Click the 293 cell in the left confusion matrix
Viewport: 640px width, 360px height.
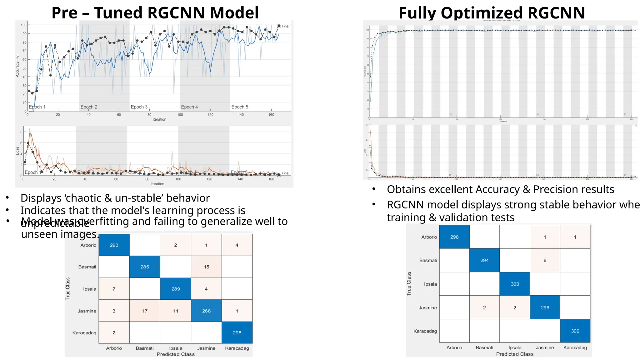[114, 245]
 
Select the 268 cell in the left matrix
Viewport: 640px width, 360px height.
[206, 311]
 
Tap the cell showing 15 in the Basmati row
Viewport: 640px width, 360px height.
[206, 267]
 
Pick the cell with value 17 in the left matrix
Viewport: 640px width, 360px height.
[145, 311]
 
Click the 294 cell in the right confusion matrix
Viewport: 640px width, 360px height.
[484, 260]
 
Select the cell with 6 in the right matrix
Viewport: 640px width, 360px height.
[545, 260]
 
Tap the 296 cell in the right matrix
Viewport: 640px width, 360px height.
[545, 307]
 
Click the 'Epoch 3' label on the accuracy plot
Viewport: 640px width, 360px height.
[139, 107]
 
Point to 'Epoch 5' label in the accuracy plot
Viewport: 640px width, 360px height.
[240, 107]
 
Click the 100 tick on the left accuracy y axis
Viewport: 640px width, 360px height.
[24, 25]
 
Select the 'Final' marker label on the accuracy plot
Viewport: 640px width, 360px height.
[285, 26]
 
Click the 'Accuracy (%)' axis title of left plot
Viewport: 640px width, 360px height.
[17, 66]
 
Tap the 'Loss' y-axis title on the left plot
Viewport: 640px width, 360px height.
[17, 151]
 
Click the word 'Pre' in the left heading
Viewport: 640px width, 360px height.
[64, 13]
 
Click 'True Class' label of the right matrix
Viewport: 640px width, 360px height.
[409, 284]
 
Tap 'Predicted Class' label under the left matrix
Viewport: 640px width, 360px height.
[175, 354]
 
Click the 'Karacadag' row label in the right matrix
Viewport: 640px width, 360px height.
[425, 331]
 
